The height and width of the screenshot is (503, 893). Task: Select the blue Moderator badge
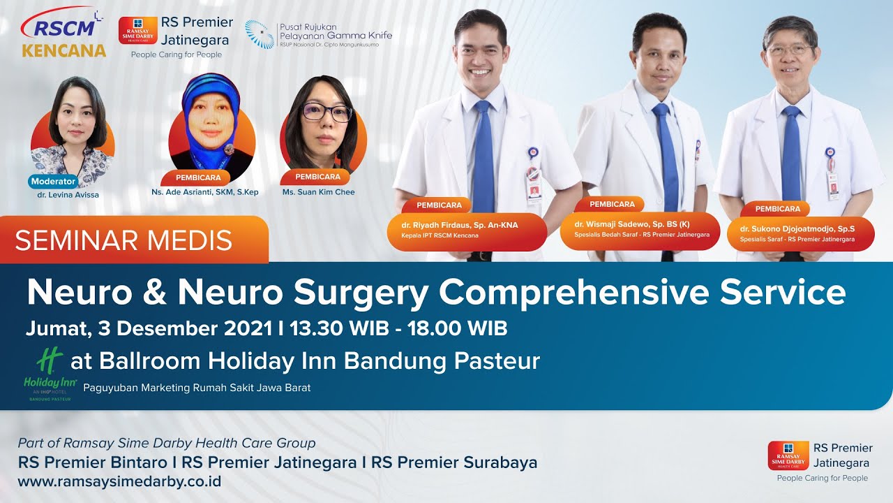coord(53,181)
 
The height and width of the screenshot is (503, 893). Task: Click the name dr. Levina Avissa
coord(68,195)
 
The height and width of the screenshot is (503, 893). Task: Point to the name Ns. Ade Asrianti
coord(205,192)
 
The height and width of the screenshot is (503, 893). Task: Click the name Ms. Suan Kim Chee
coord(318,192)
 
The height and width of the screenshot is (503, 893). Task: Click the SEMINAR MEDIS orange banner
coord(133,240)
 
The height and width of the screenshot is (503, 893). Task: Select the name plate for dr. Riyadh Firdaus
coord(467,230)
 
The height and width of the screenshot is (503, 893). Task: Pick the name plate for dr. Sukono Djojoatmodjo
coord(801,233)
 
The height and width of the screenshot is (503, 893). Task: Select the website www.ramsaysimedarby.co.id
coord(119,481)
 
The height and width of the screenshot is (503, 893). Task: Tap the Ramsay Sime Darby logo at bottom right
coord(788,455)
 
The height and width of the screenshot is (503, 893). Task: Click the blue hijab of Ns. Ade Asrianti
coord(209,94)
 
